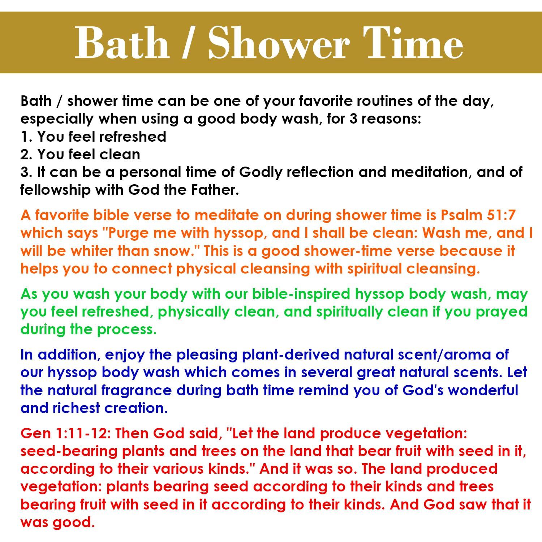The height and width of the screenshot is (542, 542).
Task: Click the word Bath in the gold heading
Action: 122,43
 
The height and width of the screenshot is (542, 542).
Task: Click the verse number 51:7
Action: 499,215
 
